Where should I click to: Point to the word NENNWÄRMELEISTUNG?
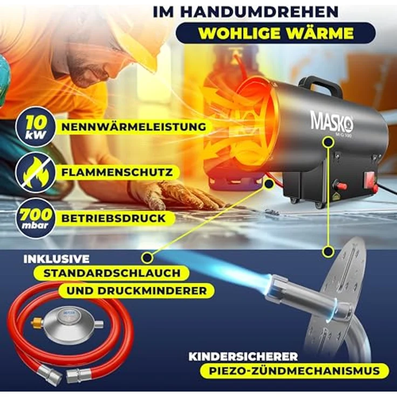tap(134, 127)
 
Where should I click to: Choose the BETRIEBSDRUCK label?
tap(113, 218)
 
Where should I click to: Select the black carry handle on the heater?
tap(324, 85)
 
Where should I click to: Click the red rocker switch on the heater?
tap(372, 182)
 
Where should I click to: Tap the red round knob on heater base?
tap(341, 186)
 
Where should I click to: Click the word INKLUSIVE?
tap(57, 259)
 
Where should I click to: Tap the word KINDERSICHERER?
tap(243, 356)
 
